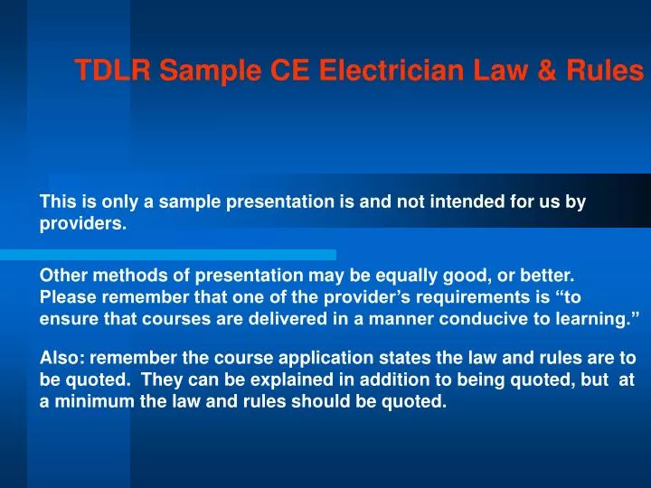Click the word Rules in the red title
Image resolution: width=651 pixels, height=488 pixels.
click(x=608, y=70)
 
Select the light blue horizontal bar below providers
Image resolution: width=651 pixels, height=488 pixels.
click(x=181, y=255)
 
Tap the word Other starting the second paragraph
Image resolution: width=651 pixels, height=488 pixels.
click(x=61, y=275)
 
